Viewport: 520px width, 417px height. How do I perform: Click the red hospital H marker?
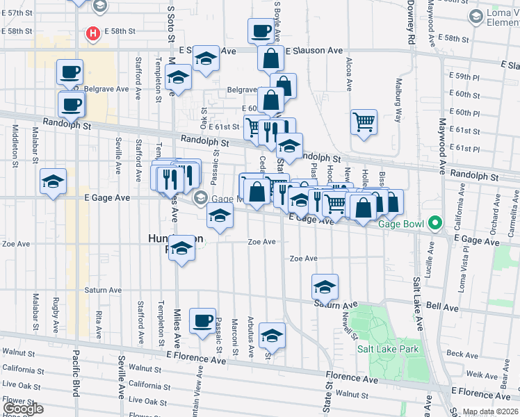pos(92,33)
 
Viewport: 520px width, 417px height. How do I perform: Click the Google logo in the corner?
pos(23,408)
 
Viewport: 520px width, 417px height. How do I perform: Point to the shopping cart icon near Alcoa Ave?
pos(364,123)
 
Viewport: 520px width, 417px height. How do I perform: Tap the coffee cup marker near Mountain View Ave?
pos(203,321)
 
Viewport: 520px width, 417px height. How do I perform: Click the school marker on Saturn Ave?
pos(325,286)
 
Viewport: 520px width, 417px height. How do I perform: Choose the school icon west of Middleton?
pos(54,182)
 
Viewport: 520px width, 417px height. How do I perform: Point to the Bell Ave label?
pos(442,306)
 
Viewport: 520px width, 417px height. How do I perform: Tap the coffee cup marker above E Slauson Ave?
pos(261,31)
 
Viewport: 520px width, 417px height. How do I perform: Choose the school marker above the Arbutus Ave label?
pos(272,336)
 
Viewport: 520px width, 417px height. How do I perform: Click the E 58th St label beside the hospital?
pos(120,32)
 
